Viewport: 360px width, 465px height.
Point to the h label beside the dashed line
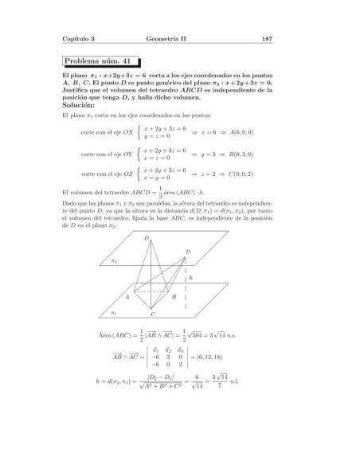tap(190, 278)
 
